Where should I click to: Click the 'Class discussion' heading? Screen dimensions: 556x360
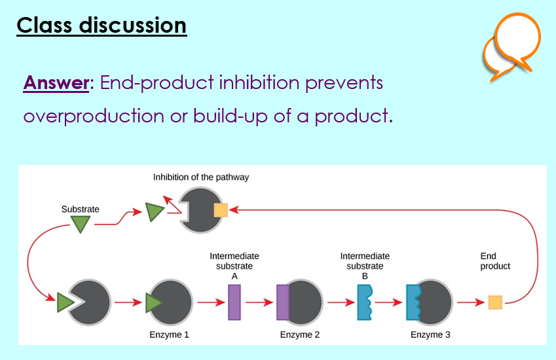pyautogui.click(x=102, y=26)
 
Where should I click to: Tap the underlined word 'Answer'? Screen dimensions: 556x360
pyautogui.click(x=56, y=83)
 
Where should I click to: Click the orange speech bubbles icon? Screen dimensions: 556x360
pyautogui.click(x=511, y=46)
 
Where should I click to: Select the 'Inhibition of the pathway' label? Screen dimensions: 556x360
pyautogui.click(x=201, y=177)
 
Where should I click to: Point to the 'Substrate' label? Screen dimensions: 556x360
pyautogui.click(x=81, y=209)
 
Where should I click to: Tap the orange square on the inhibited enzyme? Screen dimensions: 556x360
pyautogui.click(x=221, y=210)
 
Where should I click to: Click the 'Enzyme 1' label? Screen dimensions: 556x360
pyautogui.click(x=169, y=335)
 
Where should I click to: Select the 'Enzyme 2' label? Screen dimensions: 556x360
pyautogui.click(x=300, y=335)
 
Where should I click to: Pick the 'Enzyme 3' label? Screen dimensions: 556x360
pyautogui.click(x=430, y=335)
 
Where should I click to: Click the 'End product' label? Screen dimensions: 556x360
pyautogui.click(x=495, y=261)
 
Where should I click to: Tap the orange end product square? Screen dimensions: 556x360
pyautogui.click(x=495, y=302)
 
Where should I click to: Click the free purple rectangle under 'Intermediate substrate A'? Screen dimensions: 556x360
pyautogui.click(x=234, y=302)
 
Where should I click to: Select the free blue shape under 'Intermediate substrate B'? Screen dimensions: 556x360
pyautogui.click(x=365, y=302)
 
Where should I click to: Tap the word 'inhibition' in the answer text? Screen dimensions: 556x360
pyautogui.click(x=259, y=82)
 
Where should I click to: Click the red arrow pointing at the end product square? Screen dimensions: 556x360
pyautogui.click(x=471, y=302)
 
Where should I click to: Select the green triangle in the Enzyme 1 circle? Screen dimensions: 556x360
pyautogui.click(x=153, y=302)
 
